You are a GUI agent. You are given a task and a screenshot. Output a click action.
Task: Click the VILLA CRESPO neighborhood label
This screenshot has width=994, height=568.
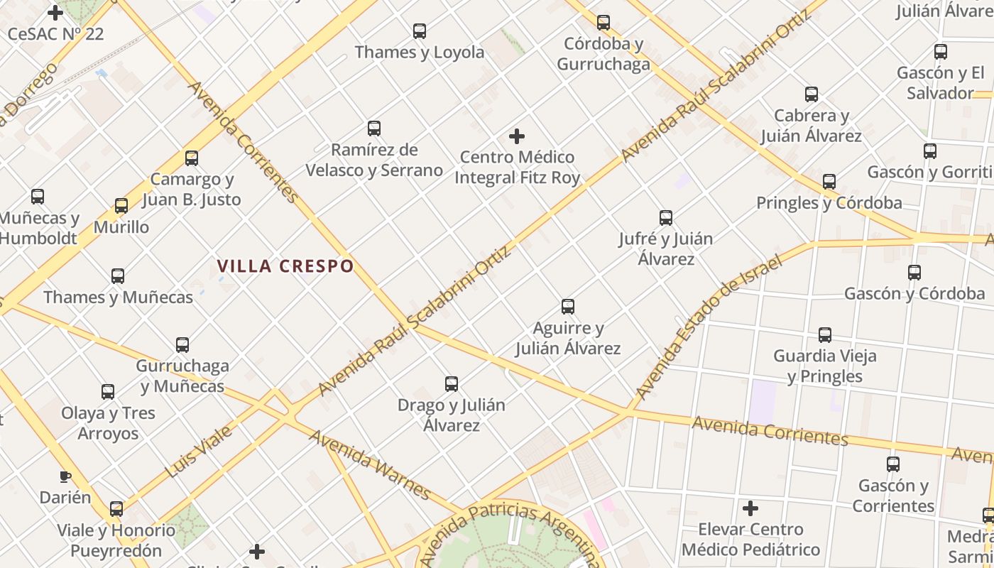pos(285,266)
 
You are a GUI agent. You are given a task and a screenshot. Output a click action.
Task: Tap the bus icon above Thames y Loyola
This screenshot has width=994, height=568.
pos(420,31)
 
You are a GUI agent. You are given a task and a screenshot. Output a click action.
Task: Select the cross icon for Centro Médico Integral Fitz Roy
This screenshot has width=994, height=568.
pos(517,136)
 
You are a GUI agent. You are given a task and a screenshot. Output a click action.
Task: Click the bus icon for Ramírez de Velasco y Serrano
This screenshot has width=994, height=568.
pos(374,129)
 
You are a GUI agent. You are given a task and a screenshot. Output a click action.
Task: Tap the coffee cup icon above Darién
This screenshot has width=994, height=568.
pos(65,476)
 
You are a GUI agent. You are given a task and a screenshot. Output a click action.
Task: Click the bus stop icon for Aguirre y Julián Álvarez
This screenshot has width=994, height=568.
pos(568,307)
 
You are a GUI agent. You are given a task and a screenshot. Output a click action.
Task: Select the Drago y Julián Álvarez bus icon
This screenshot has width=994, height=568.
pos(452,384)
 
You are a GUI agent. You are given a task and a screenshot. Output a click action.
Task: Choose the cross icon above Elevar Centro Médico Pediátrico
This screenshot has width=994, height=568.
pos(750,508)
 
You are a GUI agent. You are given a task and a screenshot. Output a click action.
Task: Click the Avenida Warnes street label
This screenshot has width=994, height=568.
pos(370,464)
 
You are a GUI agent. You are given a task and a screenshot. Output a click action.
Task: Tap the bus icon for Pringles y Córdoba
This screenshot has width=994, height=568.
pos(829,182)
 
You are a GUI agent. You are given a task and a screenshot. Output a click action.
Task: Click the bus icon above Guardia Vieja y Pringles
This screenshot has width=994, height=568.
pos(825,334)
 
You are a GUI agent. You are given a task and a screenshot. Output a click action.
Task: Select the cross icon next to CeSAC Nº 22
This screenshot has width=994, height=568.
pos(55,12)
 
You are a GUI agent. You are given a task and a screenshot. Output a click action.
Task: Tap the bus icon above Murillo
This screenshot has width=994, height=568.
pos(121,206)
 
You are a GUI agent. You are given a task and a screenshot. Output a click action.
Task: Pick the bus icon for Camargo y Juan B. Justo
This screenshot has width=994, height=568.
pos(192,158)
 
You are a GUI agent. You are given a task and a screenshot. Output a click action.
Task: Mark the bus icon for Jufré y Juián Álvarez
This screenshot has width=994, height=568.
pos(666,218)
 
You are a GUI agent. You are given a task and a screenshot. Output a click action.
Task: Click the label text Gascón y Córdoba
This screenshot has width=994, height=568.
pos(914,293)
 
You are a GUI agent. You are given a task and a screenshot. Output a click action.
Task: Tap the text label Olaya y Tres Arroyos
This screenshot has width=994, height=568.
pos(108,423)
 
